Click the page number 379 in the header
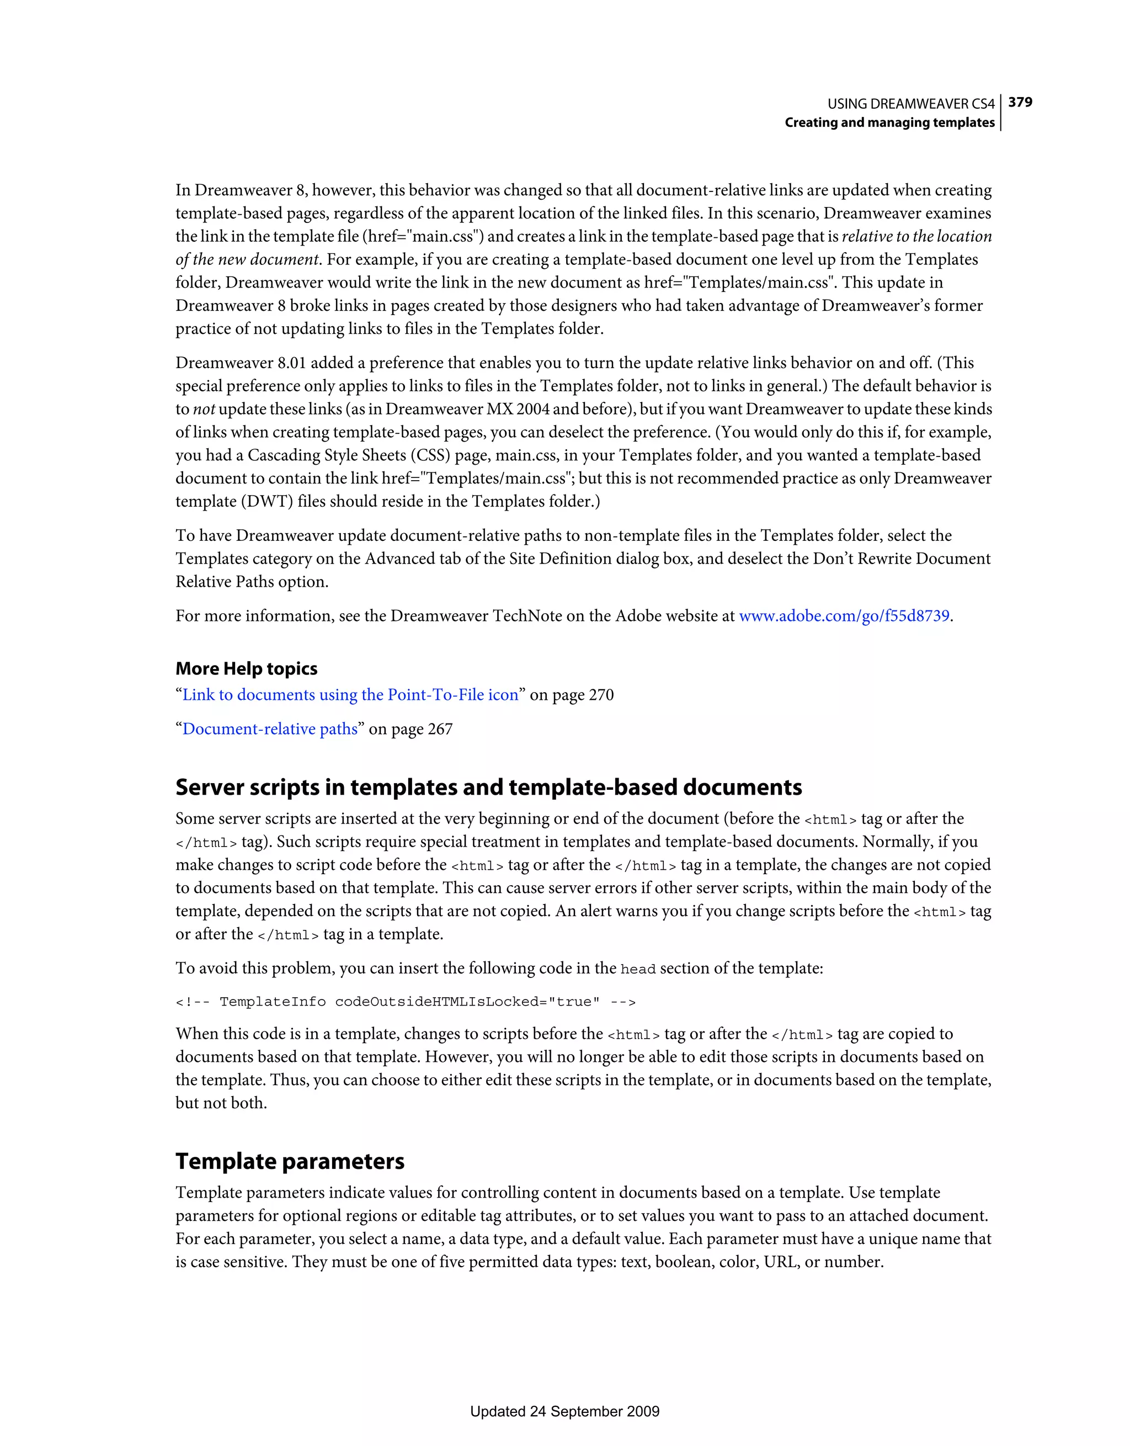click(x=1020, y=102)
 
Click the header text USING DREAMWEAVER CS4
click(x=910, y=104)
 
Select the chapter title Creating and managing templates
click(x=889, y=123)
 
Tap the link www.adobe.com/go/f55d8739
click(x=844, y=616)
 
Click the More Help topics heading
click(x=246, y=669)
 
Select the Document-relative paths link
click(x=269, y=729)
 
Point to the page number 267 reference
click(x=440, y=729)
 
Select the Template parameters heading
click(x=289, y=1161)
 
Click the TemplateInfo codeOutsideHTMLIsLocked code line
click(x=405, y=1002)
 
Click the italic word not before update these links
click(x=204, y=409)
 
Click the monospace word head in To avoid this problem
click(x=637, y=969)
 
